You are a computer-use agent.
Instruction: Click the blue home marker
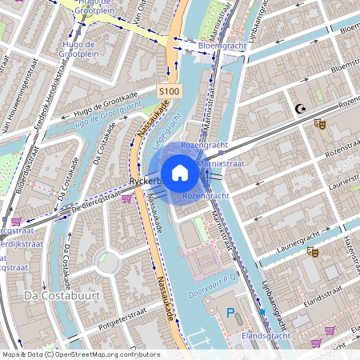(180, 172)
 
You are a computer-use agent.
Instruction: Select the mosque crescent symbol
(301, 110)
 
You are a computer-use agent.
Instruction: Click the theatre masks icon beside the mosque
(320, 124)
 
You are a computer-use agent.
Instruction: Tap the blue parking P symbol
(231, 312)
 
